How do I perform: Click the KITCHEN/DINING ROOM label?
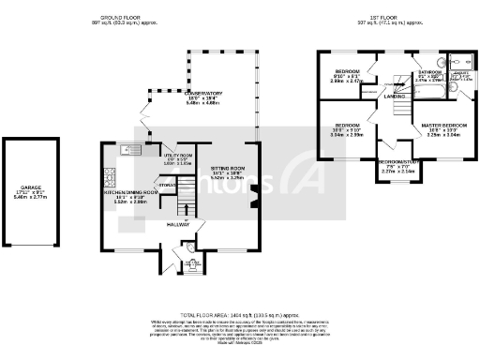pyautogui.click(x=135, y=195)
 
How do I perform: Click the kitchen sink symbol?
pyautogui.click(x=129, y=149)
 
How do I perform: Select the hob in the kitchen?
pyautogui.click(x=111, y=173)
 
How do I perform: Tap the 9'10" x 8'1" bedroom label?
pyautogui.click(x=347, y=73)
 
